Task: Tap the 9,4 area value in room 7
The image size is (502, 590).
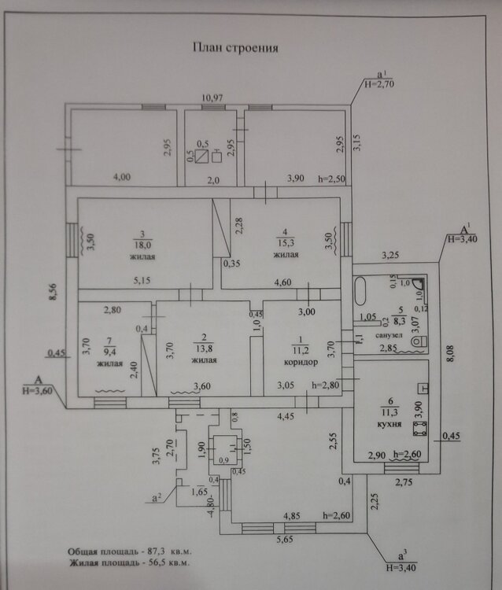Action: pyautogui.click(x=109, y=352)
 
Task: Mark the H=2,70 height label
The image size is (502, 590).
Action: pyautogui.click(x=382, y=81)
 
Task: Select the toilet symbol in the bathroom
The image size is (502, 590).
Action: pyautogui.click(x=418, y=341)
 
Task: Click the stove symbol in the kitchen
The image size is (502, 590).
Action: pyautogui.click(x=419, y=428)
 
